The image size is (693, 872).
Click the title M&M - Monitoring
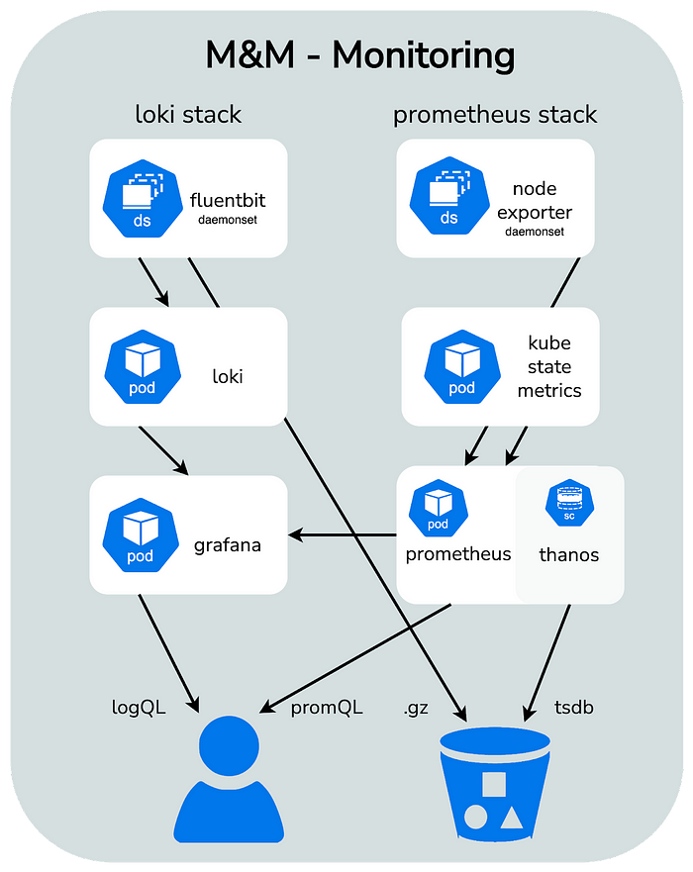(x=359, y=55)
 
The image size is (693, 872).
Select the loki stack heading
(x=188, y=115)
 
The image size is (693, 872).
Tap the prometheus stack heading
(x=495, y=115)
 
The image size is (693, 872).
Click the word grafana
(x=228, y=544)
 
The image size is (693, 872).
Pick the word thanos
(x=568, y=554)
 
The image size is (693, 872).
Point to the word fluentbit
(x=228, y=201)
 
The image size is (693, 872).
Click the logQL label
(x=138, y=708)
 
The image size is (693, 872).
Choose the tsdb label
(x=573, y=708)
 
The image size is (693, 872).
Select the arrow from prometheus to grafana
(x=342, y=536)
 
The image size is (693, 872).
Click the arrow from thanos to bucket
(x=550, y=658)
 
